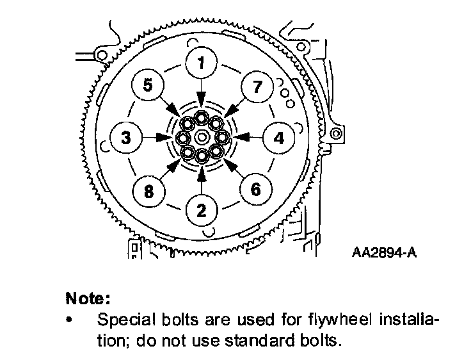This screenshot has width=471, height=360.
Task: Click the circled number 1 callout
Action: (x=202, y=63)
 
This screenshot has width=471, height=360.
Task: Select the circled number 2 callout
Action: (x=202, y=209)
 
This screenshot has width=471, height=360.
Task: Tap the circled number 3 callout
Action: (x=126, y=137)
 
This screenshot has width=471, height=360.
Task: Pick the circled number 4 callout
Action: (x=278, y=137)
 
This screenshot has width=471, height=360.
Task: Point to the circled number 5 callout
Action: (x=148, y=85)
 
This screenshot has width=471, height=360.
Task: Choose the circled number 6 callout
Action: (x=255, y=189)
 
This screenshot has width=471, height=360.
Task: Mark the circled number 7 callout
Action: (x=257, y=86)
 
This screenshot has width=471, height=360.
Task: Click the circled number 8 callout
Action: (x=148, y=190)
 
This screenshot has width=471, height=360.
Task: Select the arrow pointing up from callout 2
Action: (x=202, y=179)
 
